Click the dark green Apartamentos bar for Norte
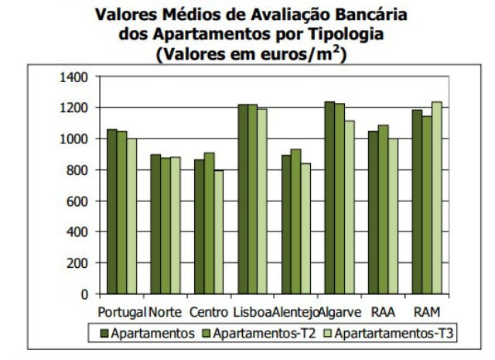(155, 224)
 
